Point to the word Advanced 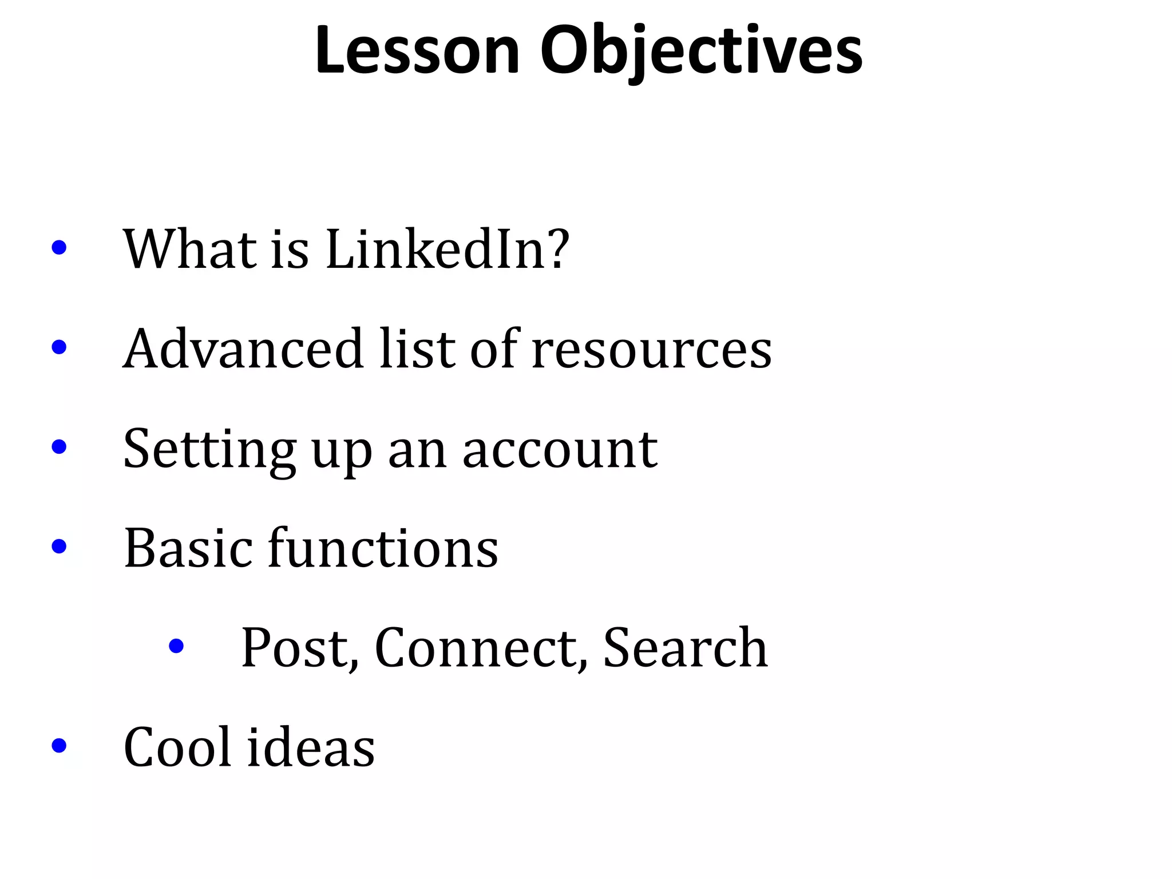click(x=243, y=349)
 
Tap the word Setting click(x=209, y=450)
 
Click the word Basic click(x=188, y=548)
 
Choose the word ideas click(x=311, y=747)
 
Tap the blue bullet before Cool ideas click(x=59, y=746)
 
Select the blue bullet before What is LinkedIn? click(x=59, y=248)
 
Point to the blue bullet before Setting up click(x=59, y=447)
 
